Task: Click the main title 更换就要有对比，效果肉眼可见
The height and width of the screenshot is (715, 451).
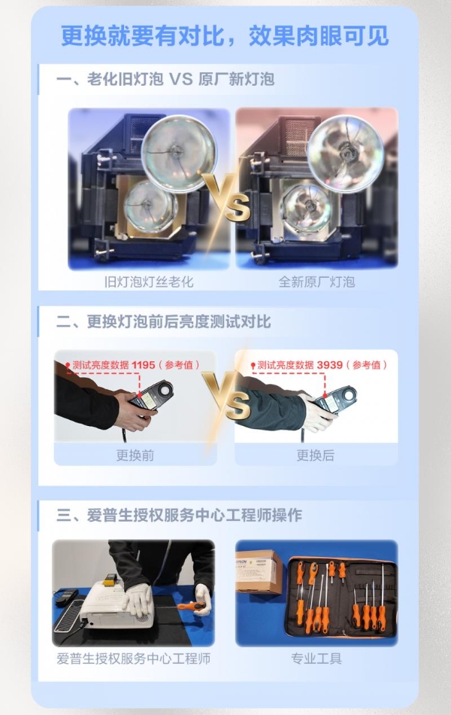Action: (225, 36)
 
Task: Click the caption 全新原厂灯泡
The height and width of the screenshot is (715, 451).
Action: (316, 282)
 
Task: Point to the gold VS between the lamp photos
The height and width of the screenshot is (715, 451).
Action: (225, 197)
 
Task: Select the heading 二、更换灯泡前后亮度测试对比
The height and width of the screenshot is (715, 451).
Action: (163, 321)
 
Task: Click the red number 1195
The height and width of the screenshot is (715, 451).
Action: (143, 365)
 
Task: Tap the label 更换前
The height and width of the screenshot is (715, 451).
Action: (135, 455)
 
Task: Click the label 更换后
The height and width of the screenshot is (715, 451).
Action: (315, 455)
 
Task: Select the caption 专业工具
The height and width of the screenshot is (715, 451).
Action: (316, 659)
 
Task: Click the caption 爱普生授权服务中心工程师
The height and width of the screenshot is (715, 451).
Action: (133, 659)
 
